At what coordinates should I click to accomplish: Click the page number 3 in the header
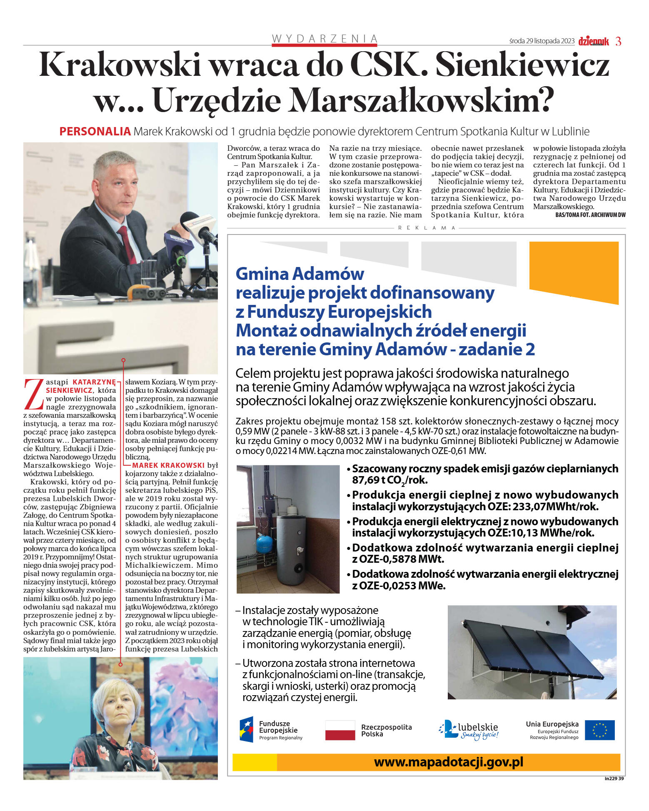618,41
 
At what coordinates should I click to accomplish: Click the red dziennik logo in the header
594,41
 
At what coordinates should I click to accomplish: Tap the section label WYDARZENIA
324,38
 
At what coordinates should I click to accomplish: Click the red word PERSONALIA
95,132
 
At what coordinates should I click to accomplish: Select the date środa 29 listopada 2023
542,41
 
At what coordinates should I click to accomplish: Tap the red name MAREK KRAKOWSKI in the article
168,465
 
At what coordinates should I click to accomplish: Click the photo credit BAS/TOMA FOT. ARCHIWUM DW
590,215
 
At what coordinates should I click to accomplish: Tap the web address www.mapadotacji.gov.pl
448,762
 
